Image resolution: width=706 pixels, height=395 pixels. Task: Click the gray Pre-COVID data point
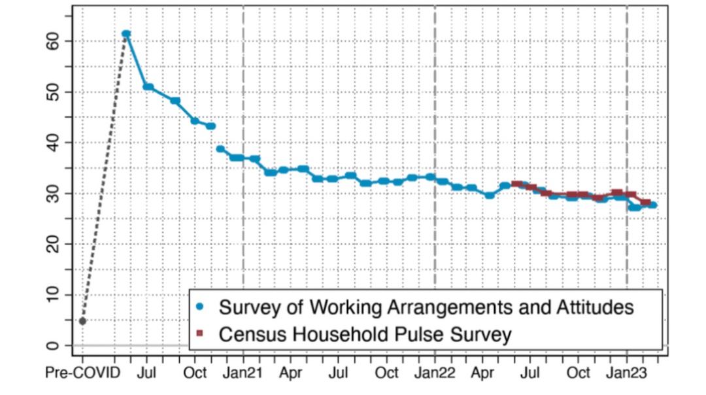[82, 321]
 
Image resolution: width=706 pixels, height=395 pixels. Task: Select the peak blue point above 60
[126, 34]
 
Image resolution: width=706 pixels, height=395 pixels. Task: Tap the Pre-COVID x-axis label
[82, 373]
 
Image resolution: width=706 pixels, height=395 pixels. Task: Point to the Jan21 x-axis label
[243, 373]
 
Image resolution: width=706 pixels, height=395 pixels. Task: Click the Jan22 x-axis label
[435, 373]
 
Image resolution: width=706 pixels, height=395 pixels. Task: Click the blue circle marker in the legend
[201, 306]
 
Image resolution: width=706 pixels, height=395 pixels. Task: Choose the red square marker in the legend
[201, 334]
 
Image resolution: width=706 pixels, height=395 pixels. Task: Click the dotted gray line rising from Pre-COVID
[105, 177]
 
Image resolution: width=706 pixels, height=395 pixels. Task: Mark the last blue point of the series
[653, 205]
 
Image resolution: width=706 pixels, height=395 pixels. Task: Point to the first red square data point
[516, 184]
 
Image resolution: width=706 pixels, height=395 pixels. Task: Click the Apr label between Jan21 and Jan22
[291, 373]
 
